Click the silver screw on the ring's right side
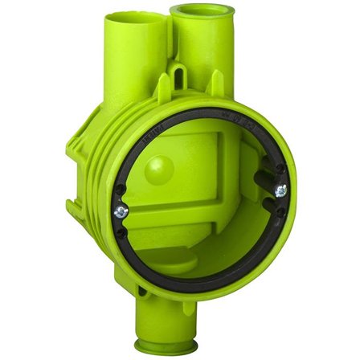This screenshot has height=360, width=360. point(280,190)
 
